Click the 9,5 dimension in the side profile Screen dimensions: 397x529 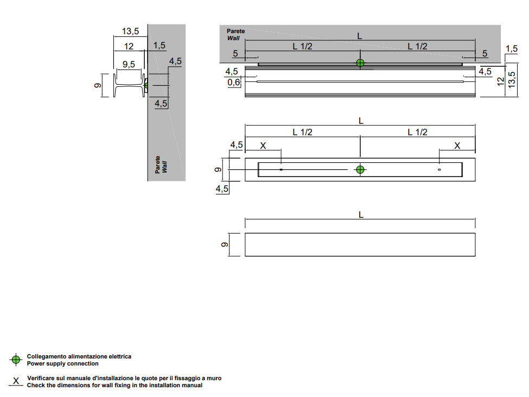point(129,65)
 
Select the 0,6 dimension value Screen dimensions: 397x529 point(234,82)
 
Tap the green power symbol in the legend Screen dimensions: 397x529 point(16,360)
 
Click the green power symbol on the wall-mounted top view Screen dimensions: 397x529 point(360,63)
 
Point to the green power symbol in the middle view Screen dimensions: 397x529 point(360,169)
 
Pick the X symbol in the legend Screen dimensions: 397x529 point(16,381)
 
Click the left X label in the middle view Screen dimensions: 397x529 point(264,146)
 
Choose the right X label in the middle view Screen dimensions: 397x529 point(457,146)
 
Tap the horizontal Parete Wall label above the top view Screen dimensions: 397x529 point(235,35)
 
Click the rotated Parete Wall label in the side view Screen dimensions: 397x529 point(161,165)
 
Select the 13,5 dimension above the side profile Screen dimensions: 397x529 point(130,31)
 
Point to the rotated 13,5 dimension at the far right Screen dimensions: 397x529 point(511,79)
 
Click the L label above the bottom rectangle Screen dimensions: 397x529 point(361,215)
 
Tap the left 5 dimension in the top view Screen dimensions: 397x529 point(235,54)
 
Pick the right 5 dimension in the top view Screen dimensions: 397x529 point(485,54)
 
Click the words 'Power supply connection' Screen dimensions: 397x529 point(63,364)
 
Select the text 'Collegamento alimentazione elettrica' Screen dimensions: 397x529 point(79,357)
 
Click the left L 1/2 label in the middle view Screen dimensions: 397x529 point(302,132)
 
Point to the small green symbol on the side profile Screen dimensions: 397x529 point(146,85)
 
